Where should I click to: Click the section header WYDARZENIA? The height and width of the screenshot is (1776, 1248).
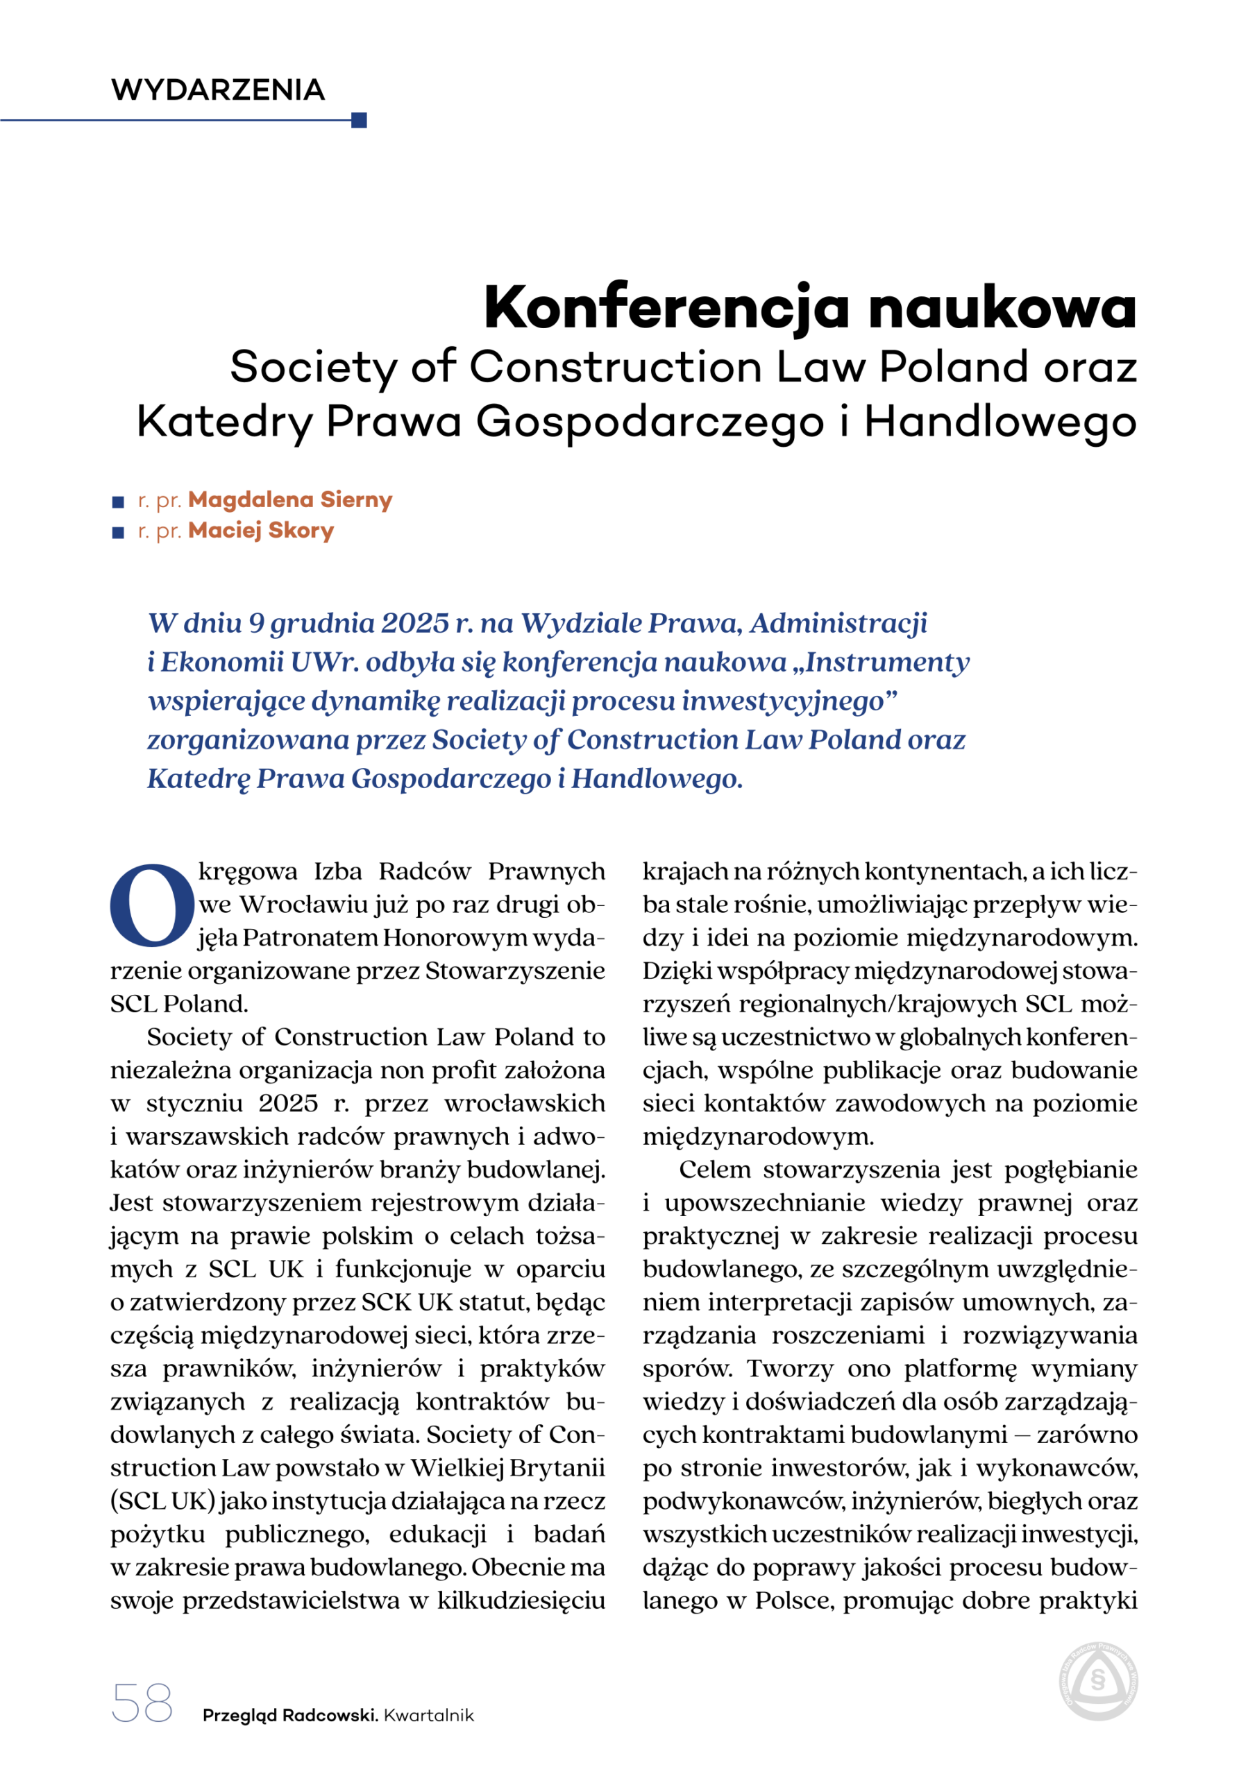point(217,89)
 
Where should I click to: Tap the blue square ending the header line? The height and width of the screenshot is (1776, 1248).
point(358,120)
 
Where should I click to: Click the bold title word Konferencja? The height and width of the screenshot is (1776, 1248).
point(666,307)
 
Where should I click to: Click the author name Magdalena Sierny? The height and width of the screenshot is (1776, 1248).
point(289,499)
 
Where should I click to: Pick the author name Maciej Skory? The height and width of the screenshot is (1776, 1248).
point(261,531)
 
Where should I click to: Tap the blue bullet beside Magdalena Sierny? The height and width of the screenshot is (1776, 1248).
point(119,502)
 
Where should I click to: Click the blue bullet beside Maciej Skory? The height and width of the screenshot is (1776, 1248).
point(119,533)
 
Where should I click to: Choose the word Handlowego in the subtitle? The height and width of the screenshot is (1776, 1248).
point(1000,422)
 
